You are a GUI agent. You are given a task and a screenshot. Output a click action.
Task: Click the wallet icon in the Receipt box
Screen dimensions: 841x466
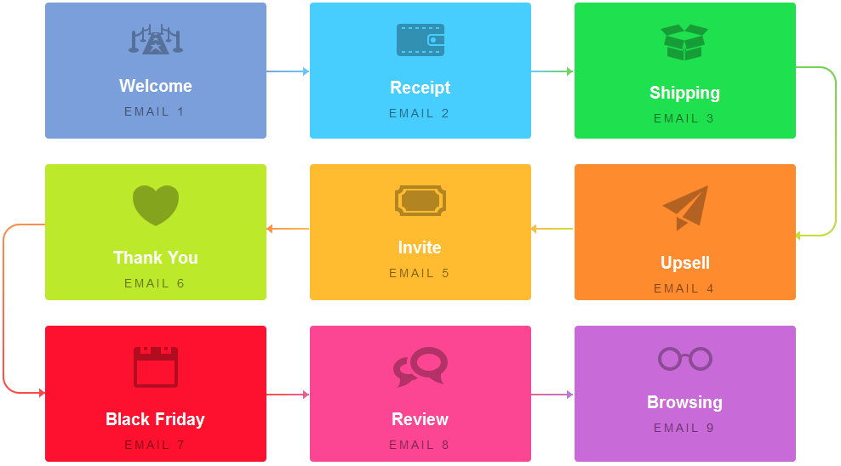click(420, 40)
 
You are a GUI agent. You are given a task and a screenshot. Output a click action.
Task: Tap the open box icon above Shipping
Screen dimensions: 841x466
click(684, 43)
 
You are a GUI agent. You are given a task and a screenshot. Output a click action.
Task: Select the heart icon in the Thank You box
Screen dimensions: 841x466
click(156, 205)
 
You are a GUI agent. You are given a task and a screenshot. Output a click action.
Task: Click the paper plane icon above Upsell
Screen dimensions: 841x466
click(685, 207)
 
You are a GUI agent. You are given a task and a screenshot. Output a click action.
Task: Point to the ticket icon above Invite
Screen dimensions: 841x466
click(420, 201)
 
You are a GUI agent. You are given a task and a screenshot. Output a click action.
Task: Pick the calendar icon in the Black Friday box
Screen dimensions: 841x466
click(156, 367)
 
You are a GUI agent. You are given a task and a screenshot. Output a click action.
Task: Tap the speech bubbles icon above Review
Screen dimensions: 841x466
click(420, 367)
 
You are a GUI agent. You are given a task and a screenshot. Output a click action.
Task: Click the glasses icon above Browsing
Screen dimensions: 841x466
click(685, 359)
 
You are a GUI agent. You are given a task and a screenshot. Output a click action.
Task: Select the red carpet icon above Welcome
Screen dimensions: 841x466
click(156, 39)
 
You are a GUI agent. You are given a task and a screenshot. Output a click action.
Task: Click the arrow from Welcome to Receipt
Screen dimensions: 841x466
click(288, 71)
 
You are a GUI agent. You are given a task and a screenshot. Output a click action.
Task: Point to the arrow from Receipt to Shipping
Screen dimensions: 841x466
click(552, 71)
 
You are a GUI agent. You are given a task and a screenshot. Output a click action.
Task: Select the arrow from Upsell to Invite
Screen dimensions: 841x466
click(552, 229)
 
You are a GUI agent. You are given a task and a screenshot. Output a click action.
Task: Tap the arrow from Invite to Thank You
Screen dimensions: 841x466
click(288, 229)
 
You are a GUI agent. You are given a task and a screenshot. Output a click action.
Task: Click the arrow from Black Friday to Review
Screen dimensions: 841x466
click(288, 395)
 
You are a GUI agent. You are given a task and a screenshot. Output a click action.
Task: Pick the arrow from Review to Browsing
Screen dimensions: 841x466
click(552, 395)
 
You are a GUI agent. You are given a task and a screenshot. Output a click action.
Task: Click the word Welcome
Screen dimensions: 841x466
click(156, 86)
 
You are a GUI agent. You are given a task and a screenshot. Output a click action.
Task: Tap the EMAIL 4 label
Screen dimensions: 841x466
click(684, 289)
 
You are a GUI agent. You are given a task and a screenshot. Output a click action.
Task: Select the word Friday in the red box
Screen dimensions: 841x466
click(180, 419)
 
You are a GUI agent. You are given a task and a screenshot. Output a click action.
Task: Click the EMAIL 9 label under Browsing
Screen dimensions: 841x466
click(684, 428)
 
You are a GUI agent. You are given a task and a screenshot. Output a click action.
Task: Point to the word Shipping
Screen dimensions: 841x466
click(685, 94)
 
